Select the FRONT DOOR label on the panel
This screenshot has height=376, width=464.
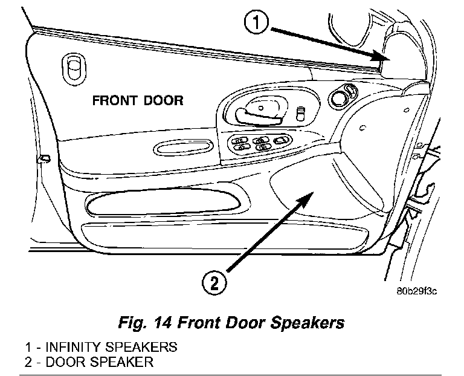(138, 100)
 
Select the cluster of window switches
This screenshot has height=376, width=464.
(257, 144)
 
